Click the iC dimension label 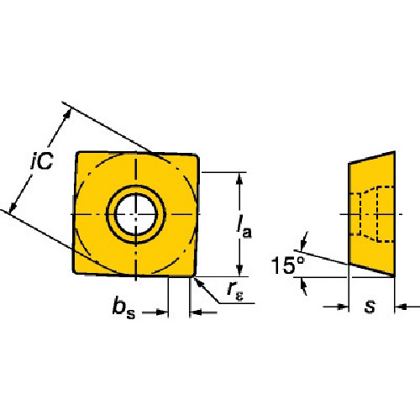pos(42,160)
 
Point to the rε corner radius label pos(235,291)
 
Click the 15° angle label pos(288,265)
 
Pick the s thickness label pos(370,307)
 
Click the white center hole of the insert pos(136,214)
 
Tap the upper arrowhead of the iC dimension pos(67,114)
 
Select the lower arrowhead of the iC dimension pos(13,207)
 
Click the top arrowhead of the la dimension pos(239,178)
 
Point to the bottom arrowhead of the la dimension pos(239,270)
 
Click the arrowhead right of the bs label pos(162,312)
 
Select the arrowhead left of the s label pos(344,307)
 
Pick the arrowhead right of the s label pos(401,307)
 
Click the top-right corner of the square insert pos(197,155)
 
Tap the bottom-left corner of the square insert pos(74,272)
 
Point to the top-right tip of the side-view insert pos(395,152)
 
